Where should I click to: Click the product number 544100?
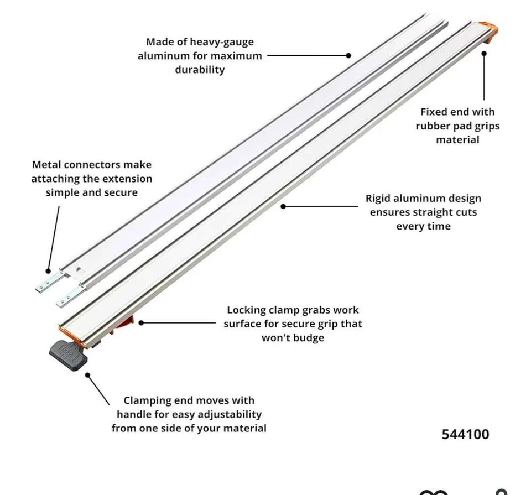465,434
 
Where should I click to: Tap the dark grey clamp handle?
69,355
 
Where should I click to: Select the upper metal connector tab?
50,283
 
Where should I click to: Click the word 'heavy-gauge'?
221,42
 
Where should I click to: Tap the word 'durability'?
200,70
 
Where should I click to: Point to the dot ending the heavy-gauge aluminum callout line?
348,55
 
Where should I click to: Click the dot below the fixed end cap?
484,54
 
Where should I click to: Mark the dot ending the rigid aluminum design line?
283,206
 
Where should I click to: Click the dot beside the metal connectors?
48,271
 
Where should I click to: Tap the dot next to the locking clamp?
141,323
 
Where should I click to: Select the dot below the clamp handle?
88,375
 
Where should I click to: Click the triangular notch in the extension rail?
80,270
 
